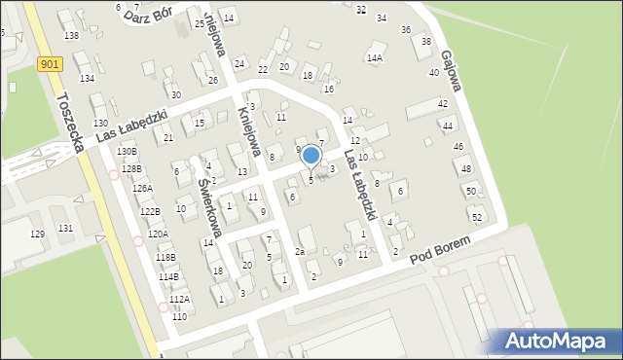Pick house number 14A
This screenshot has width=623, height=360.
click(x=374, y=58)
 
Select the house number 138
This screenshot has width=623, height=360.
click(x=71, y=36)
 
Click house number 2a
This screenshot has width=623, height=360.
click(x=301, y=252)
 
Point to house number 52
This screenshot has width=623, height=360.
click(x=476, y=217)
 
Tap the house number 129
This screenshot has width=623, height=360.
click(x=38, y=234)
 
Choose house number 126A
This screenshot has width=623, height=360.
click(x=142, y=189)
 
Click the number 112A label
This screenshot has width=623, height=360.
click(x=179, y=300)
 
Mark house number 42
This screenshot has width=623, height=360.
click(x=442, y=103)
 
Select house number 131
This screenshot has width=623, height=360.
click(x=65, y=228)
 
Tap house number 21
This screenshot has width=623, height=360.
click(x=168, y=139)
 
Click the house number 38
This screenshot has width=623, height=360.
click(x=425, y=41)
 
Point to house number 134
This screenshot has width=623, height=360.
click(x=87, y=78)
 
